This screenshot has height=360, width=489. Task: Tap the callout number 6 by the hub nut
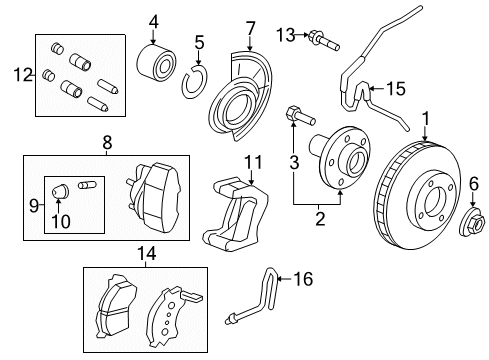point(475,183)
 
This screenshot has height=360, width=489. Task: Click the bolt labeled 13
point(324,41)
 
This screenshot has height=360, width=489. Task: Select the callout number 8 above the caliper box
point(108,143)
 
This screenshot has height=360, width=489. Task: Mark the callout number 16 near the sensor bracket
point(303,280)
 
